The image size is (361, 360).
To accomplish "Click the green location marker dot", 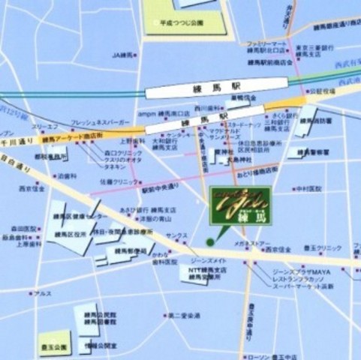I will point(210,241).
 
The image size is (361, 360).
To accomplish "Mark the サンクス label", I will point(177,235).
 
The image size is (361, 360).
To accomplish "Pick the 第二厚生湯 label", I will point(184,315).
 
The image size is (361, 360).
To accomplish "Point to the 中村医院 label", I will point(308,188).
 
